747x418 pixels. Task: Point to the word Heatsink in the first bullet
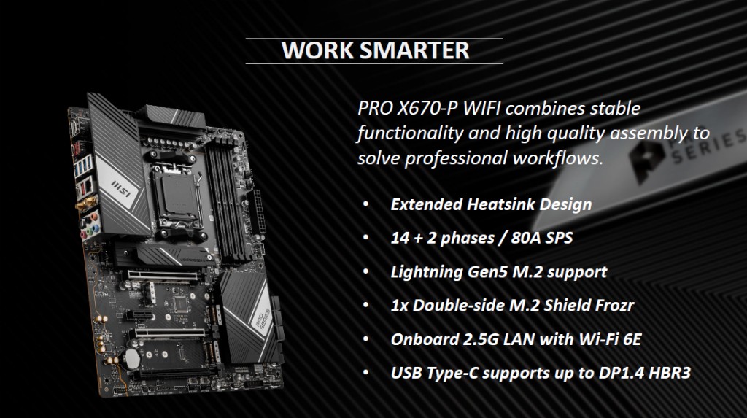click(x=499, y=204)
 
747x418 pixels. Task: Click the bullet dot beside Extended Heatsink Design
click(x=366, y=204)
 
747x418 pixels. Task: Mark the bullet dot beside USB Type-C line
click(x=366, y=372)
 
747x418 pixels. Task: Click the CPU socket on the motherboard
click(x=175, y=196)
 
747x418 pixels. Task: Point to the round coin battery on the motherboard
click(x=132, y=358)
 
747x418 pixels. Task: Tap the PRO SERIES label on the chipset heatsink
click(x=261, y=320)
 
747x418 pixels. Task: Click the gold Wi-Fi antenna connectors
click(x=87, y=204)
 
